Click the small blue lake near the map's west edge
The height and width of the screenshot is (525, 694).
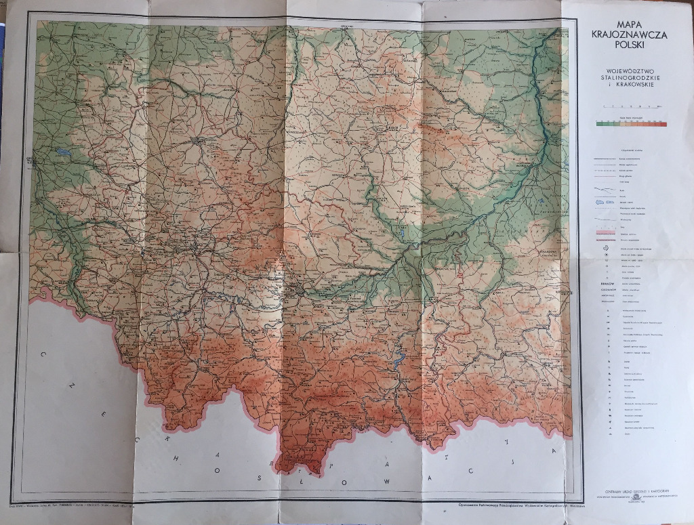(63, 151)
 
